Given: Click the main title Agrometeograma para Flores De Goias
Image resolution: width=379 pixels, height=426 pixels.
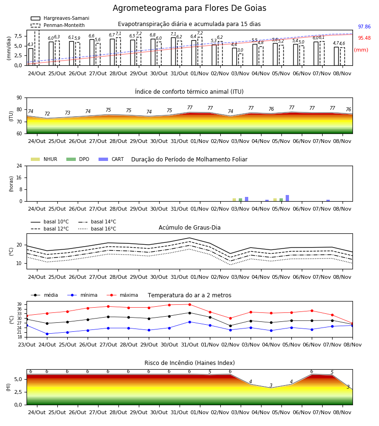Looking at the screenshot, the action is [189, 8].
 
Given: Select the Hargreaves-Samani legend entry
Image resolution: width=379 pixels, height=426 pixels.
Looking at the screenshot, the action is [60, 18].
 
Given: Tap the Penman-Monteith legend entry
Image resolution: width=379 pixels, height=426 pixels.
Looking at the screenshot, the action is [58, 25].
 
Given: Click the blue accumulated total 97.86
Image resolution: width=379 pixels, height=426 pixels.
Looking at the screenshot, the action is [364, 27].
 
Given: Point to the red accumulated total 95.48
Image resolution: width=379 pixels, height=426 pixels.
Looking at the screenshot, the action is [364, 38].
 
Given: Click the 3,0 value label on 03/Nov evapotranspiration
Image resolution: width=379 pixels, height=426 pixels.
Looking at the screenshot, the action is [240, 50].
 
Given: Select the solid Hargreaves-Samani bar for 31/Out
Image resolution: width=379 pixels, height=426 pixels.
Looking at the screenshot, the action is [173, 52].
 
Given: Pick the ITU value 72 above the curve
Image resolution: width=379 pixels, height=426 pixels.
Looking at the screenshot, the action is [47, 114].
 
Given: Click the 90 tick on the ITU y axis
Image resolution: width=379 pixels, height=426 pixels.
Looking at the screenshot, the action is [19, 98].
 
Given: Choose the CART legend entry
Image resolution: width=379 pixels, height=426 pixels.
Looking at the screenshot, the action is [111, 159].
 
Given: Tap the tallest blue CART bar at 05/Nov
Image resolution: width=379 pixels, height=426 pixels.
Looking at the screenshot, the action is [288, 198].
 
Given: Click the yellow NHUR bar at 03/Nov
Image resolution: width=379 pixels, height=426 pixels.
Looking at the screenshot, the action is [235, 200].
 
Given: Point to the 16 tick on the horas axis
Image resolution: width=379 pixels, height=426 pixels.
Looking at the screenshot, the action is [19, 177].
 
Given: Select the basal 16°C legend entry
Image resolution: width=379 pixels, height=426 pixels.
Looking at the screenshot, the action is [97, 229].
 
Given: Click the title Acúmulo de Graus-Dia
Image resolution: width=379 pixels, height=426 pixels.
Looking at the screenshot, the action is [189, 228].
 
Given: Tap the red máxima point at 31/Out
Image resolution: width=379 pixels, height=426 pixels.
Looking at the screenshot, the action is [190, 304].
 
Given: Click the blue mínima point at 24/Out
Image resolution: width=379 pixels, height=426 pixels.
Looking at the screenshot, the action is [47, 334].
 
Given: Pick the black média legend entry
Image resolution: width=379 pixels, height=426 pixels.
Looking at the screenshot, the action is [45, 295].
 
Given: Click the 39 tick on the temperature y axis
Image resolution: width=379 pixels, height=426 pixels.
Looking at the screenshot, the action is [20, 304].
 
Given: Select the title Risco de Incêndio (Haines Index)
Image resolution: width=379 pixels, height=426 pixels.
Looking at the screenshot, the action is [189, 363].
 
